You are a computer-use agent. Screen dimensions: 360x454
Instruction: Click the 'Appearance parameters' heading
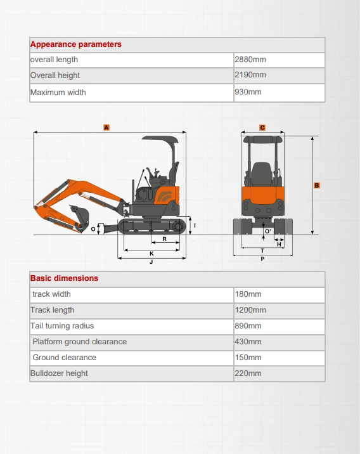pos(76,44)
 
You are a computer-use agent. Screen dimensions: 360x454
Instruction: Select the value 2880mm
pos(250,60)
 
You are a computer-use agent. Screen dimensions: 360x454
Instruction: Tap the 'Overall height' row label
pos(55,75)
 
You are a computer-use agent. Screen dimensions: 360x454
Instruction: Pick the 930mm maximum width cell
pos(248,92)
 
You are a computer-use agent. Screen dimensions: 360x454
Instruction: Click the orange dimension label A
pos(106,127)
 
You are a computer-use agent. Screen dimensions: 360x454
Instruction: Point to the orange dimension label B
pos(316,186)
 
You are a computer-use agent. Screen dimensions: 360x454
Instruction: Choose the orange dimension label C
pos(262,127)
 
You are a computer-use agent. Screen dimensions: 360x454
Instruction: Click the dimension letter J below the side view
pos(151,262)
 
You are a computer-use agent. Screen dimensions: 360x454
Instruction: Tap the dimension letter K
pos(151,253)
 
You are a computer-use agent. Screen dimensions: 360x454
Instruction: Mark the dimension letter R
pos(164,239)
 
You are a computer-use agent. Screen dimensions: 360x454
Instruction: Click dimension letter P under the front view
pos(262,259)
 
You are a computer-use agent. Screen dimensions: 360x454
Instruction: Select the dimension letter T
pos(262,251)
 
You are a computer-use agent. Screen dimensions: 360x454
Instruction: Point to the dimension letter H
pos(279,244)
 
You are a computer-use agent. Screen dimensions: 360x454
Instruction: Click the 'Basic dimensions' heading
pos(65,278)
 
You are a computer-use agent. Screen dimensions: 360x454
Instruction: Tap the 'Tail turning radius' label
pos(62,326)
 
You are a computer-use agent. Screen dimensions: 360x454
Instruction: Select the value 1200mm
pos(250,310)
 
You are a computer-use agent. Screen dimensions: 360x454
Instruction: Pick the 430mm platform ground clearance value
pos(248,342)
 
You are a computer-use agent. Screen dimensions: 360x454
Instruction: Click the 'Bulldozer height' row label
pos(58,373)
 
